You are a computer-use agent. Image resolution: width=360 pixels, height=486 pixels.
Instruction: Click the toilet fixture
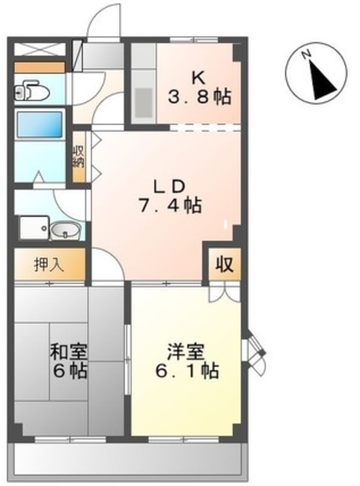pos(32,90)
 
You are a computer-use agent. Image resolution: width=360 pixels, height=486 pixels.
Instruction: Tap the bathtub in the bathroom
pos(39,125)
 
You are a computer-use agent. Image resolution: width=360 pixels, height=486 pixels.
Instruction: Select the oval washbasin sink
pos(65,230)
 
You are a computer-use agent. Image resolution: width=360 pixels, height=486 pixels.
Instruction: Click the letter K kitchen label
pos(199,77)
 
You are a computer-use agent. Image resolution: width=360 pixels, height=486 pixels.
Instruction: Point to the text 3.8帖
pos(200,96)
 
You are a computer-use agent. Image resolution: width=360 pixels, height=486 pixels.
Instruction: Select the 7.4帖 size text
pos(170,205)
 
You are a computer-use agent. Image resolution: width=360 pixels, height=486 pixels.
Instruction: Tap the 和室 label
pos(69,352)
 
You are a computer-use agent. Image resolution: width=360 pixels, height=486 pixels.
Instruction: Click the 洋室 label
pos(186,352)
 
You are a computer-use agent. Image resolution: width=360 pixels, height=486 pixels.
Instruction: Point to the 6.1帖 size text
pos(187,371)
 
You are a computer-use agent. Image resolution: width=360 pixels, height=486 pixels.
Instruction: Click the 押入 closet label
pos(49,265)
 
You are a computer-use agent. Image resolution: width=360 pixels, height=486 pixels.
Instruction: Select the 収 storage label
pos(224,264)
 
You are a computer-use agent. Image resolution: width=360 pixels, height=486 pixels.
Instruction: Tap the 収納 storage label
pos(79,156)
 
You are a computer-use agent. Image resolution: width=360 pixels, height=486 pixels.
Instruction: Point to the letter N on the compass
pos(307,55)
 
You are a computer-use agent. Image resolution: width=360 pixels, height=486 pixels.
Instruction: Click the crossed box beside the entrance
pos(40,49)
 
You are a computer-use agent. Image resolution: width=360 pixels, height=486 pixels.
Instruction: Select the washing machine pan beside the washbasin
pos(34,228)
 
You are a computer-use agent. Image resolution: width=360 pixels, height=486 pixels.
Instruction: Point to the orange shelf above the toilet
pos(39,68)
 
